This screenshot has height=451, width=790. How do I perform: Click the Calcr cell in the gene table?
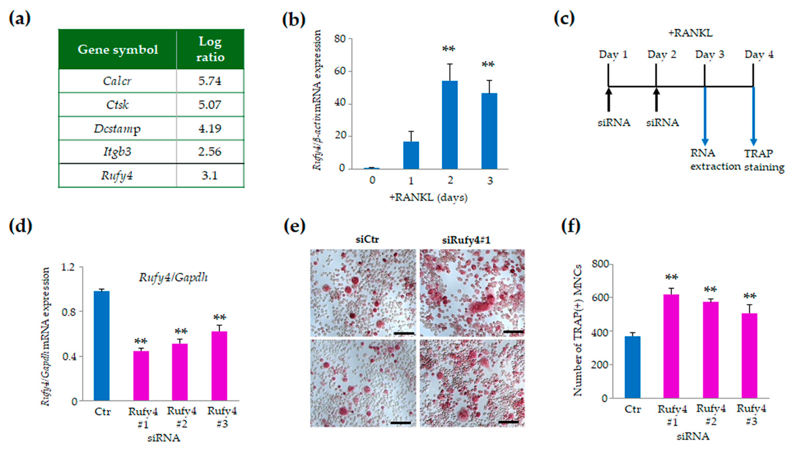117,81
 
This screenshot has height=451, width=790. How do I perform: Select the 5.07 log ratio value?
210,105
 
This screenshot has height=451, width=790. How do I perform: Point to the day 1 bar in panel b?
411,155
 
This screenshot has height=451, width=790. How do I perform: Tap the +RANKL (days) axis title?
428,197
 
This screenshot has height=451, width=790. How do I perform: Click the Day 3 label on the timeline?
710,55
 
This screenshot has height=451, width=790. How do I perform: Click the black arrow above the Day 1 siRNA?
608,99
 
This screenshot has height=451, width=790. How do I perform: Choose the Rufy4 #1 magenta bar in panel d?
141,376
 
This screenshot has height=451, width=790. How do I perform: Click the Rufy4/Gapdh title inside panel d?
173,277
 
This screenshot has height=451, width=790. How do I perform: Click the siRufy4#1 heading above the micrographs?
466,240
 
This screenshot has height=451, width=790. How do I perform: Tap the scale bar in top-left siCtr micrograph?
404,333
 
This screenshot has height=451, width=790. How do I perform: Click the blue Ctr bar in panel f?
632,367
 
